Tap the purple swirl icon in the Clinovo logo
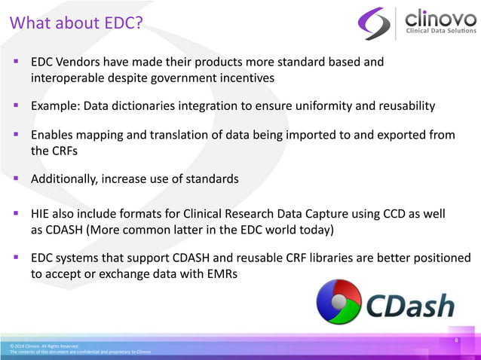click(x=374, y=23)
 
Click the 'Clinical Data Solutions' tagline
click(x=441, y=31)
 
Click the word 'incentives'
click(x=245, y=78)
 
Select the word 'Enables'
click(x=53, y=134)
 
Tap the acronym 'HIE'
click(x=41, y=214)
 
